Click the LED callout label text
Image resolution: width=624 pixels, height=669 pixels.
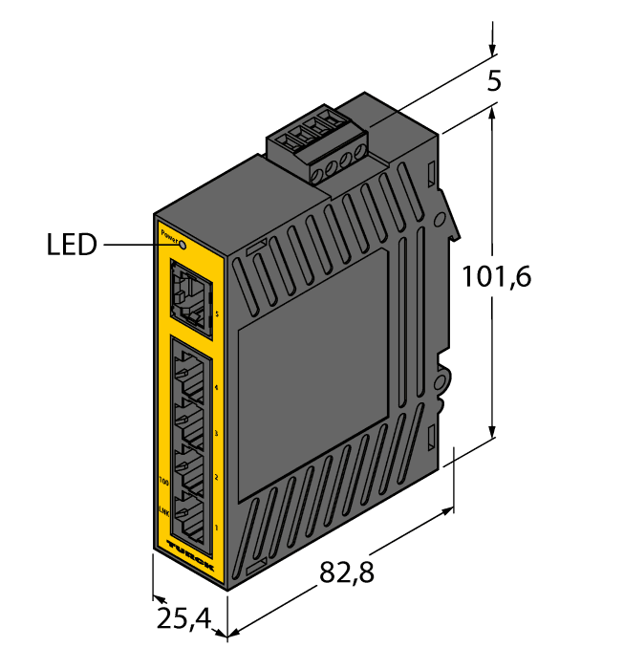(x=72, y=246)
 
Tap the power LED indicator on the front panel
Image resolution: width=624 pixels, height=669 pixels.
(x=183, y=245)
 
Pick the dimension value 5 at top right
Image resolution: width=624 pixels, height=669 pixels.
(x=494, y=81)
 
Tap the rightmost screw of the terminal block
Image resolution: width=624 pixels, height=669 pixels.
(x=360, y=149)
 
